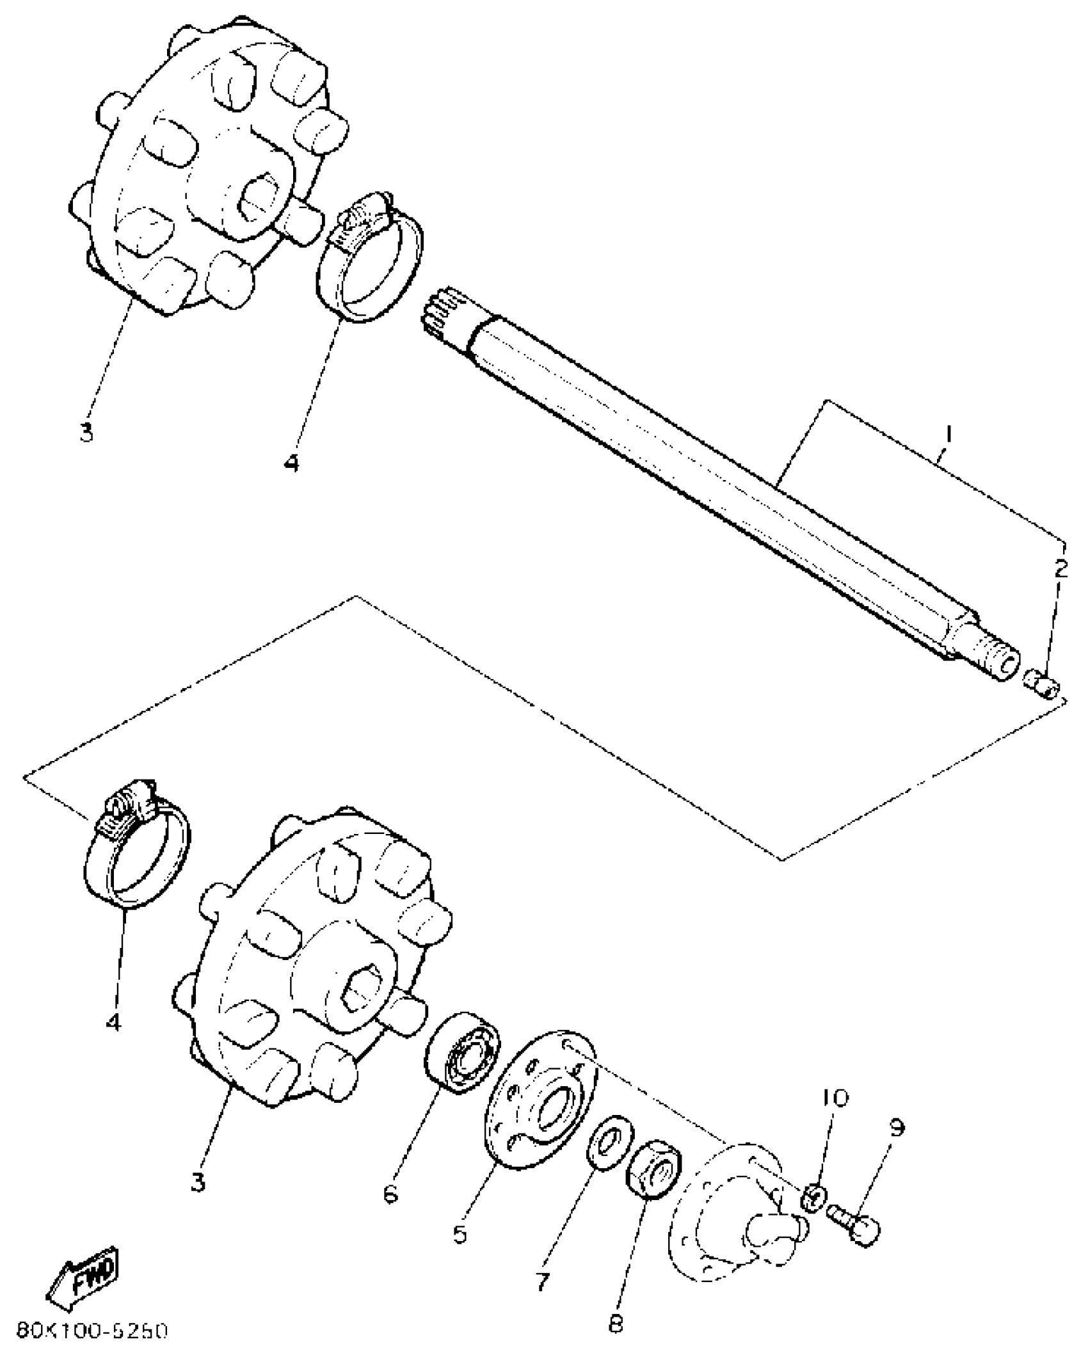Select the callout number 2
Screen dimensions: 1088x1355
click(x=1061, y=568)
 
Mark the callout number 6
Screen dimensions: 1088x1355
click(x=391, y=1192)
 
